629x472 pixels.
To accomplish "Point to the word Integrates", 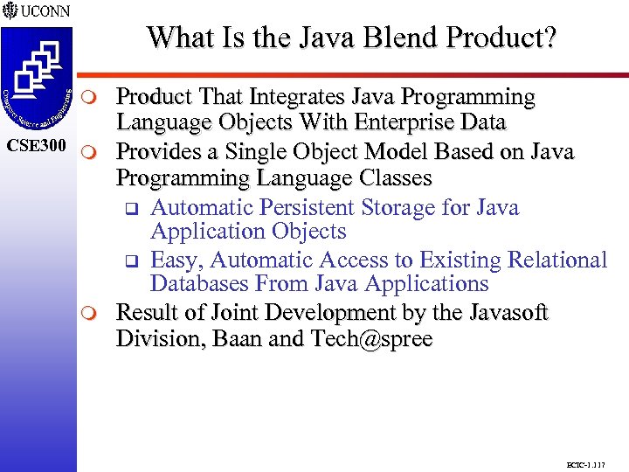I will [x=286, y=96].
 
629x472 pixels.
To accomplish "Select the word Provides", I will [x=162, y=151].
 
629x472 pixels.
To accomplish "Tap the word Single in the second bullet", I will [x=263, y=151].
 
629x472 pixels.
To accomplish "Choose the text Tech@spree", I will [x=370, y=338].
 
